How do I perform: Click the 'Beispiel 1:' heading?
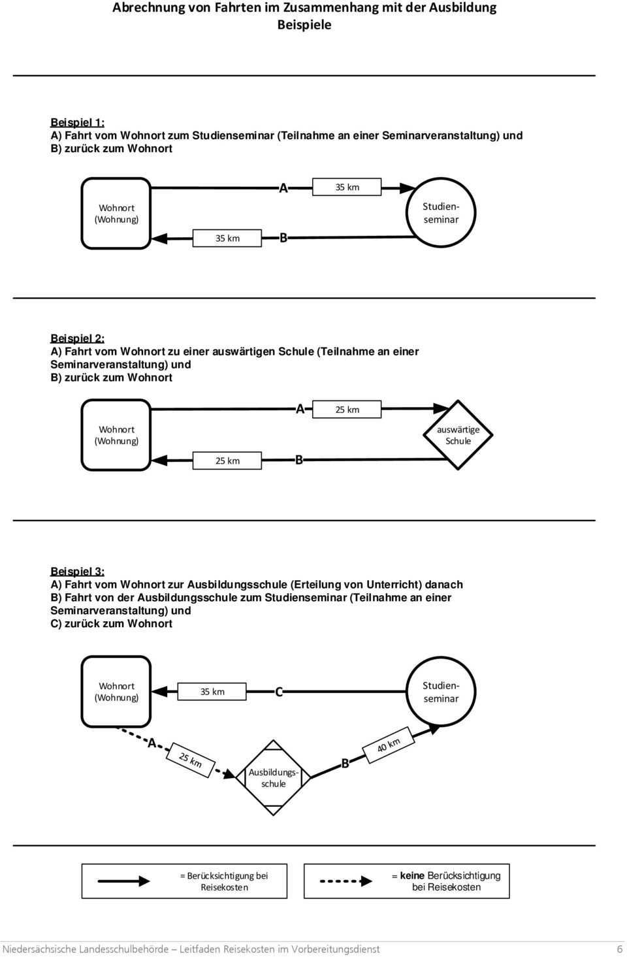pos(77,122)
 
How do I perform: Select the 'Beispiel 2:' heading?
pos(77,338)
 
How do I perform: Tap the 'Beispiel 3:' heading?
pos(77,571)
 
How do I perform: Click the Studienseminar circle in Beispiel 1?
pos(442,213)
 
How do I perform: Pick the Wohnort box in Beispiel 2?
pos(116,435)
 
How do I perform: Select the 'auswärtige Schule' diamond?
pos(458,435)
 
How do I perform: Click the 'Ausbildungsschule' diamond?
pos(274,777)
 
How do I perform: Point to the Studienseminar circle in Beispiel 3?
pos(442,692)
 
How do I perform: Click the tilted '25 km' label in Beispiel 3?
pos(191,760)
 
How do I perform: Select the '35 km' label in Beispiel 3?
pos(212,692)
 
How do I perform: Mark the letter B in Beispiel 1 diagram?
pos(283,238)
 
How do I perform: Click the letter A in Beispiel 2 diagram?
pos(300,410)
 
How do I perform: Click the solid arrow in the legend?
pos(124,881)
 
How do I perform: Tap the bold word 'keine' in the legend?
pos(412,875)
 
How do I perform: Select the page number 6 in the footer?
pos(619,949)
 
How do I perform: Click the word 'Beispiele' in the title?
pos(304,25)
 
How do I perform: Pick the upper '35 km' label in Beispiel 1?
pos(347,187)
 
